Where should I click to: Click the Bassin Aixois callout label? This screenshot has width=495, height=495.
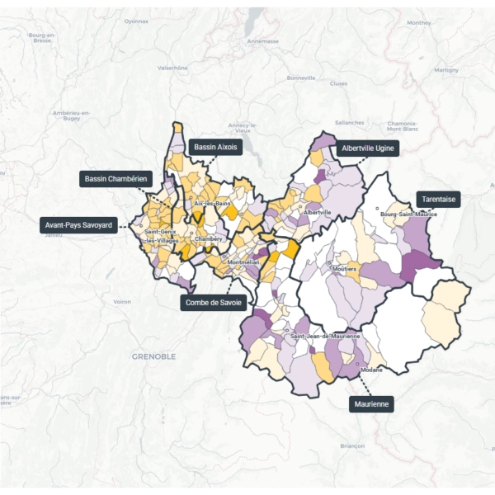click(215, 147)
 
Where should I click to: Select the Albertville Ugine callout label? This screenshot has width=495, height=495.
click(366, 148)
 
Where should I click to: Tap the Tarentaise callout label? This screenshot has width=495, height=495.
click(438, 199)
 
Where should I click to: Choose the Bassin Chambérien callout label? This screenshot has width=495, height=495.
click(116, 178)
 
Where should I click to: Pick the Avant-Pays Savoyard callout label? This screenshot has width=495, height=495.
click(78, 224)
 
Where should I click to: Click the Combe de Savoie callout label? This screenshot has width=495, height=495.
click(214, 303)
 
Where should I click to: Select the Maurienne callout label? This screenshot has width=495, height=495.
click(370, 404)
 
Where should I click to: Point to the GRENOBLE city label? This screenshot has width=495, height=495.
click(153, 356)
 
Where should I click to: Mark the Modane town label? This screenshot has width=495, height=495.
click(371, 370)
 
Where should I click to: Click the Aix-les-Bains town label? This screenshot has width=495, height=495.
click(210, 203)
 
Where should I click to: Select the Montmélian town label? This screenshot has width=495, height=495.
click(243, 262)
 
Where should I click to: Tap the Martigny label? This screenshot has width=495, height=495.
click(445, 70)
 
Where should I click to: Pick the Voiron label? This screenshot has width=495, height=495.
click(122, 302)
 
